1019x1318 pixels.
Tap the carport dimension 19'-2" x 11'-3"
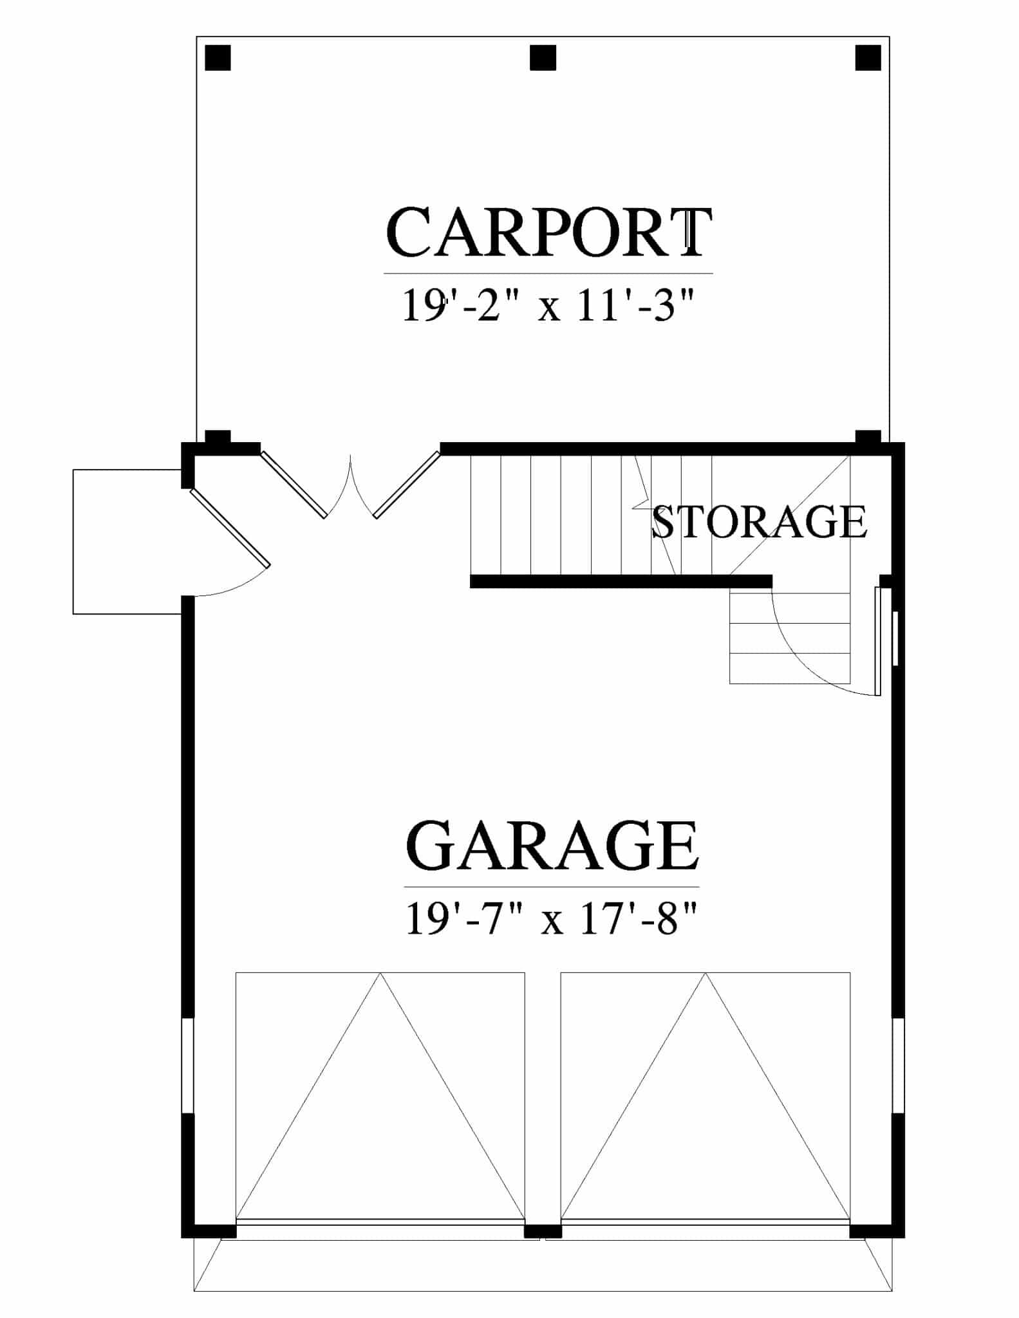549,305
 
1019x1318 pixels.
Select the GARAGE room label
552,845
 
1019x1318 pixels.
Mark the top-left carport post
218,58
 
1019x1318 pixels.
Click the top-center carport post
543,58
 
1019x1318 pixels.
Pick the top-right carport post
868,58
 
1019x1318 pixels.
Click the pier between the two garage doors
543,1230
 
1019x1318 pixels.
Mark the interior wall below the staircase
621,581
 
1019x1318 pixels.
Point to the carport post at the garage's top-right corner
868,437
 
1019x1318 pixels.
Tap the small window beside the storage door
895,638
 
